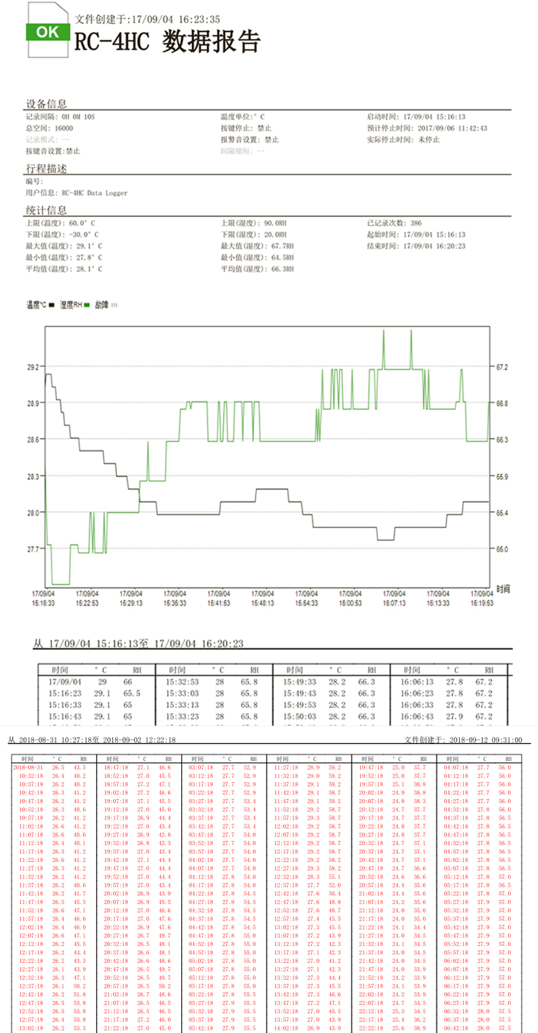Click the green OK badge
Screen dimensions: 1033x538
click(46, 32)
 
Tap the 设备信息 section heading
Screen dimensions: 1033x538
click(46, 104)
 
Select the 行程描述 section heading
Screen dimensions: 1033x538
click(46, 168)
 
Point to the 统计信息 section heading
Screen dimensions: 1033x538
click(46, 210)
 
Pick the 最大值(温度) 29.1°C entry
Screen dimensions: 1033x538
click(64, 246)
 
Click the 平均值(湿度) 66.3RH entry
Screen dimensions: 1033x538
click(257, 269)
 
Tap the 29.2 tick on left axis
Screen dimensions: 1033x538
click(33, 367)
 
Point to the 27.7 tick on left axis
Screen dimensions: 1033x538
click(33, 549)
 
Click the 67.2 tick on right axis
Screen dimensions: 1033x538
click(502, 367)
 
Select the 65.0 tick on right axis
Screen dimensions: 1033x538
click(502, 549)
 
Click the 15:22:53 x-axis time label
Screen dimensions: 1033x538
click(86, 602)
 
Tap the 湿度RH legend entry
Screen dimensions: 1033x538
click(75, 305)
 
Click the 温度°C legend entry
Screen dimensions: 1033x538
click(39, 305)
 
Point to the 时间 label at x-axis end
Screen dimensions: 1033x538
click(503, 589)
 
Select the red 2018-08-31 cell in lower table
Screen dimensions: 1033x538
click(28, 767)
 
